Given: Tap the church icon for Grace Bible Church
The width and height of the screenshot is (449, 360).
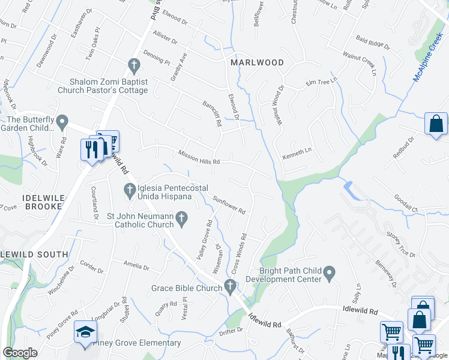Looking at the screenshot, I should [x=230, y=287].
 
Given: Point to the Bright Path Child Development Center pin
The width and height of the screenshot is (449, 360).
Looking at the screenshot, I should [x=328, y=274].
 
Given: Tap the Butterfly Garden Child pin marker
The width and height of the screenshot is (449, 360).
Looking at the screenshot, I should [x=63, y=123].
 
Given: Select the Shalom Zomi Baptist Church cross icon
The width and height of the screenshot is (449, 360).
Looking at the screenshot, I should [x=134, y=64].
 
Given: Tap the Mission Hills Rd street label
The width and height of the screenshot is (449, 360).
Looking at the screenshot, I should [x=199, y=157].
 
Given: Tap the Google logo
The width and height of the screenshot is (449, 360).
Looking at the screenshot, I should [x=20, y=353].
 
